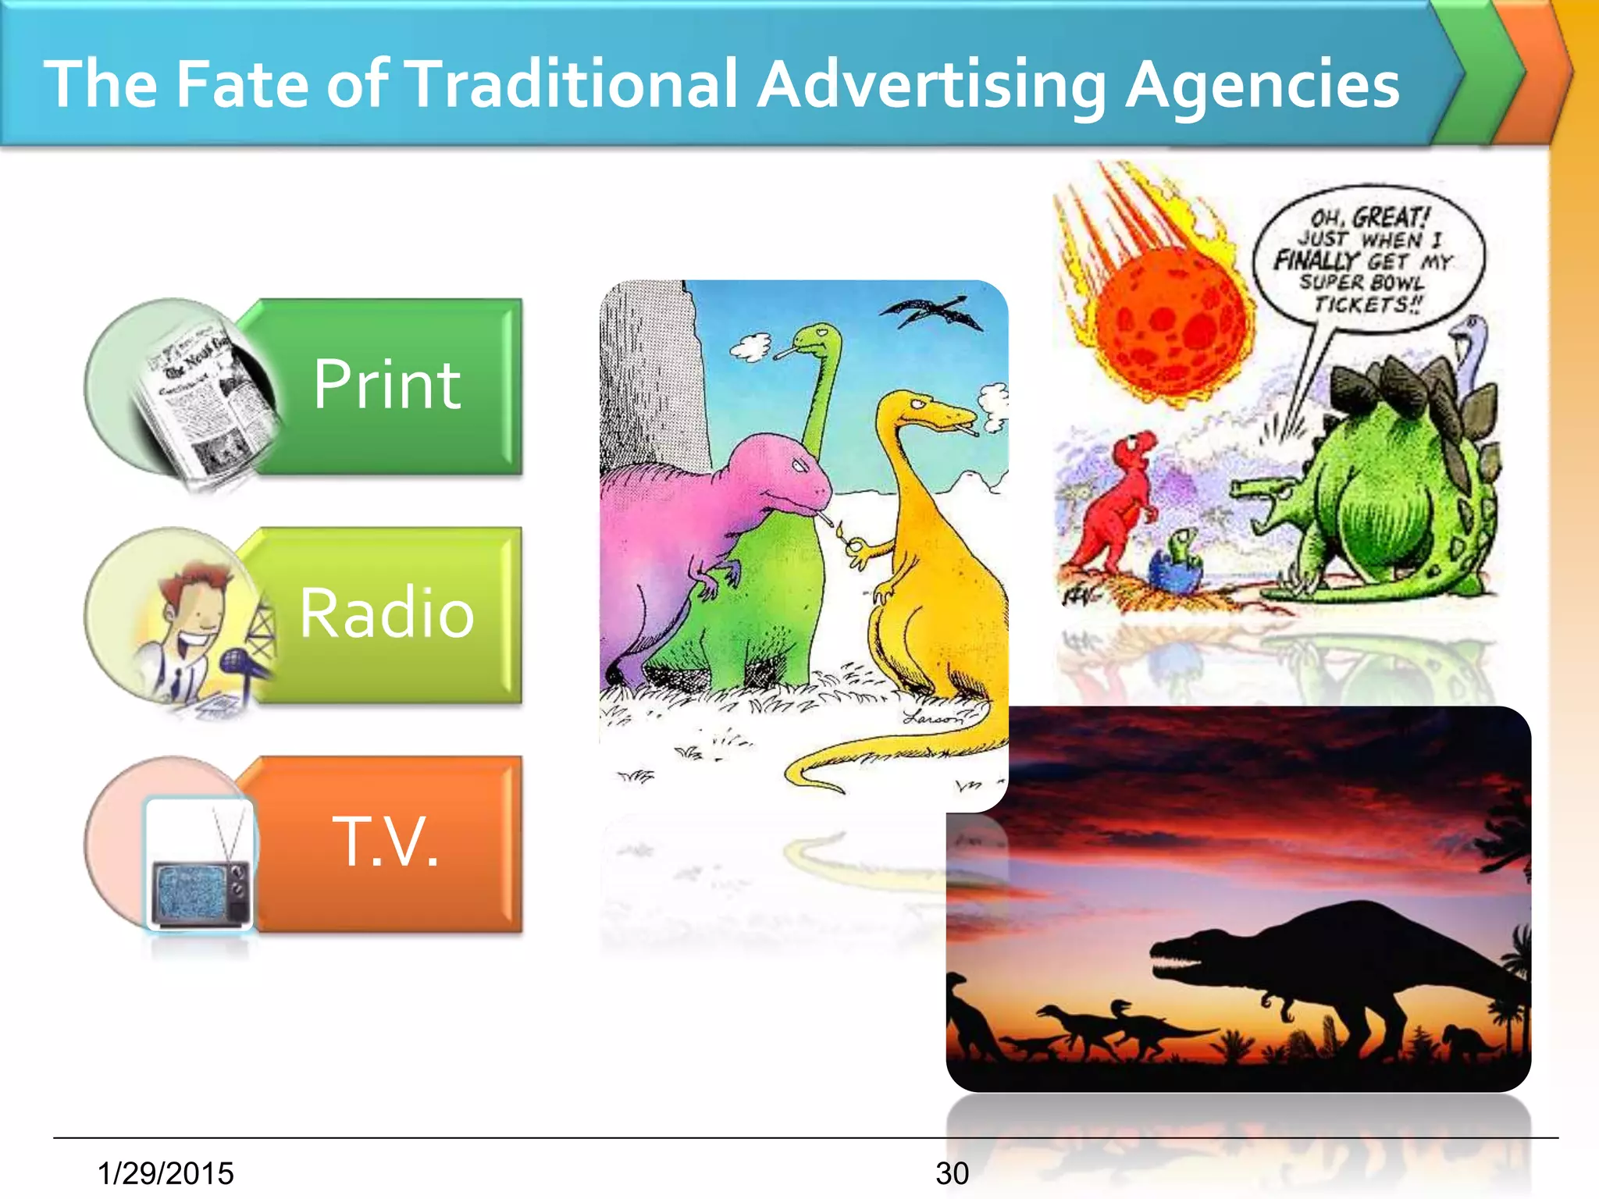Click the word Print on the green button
tap(387, 384)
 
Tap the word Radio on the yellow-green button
tap(387, 614)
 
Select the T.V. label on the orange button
tap(386, 841)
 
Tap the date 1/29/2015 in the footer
tap(166, 1173)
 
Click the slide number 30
tap(952, 1173)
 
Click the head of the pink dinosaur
tap(796, 476)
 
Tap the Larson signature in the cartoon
tap(933, 717)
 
